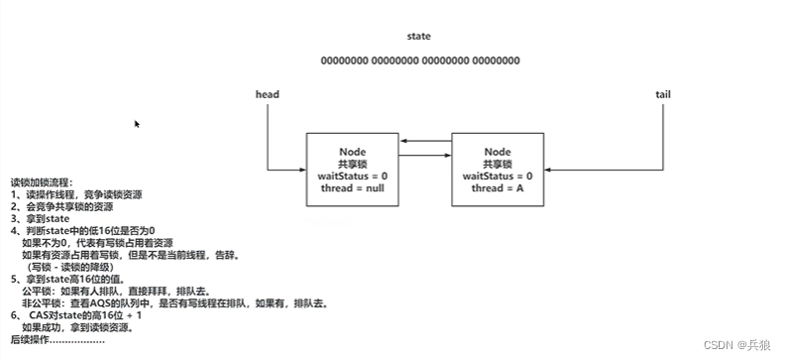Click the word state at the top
pos(419,37)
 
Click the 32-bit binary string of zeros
pos(419,61)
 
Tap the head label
pos(268,95)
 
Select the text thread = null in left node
pos(353,187)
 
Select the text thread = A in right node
pos(498,187)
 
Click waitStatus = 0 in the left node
pos(353,176)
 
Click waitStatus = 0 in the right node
pos(498,176)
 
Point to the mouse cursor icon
pos(137,124)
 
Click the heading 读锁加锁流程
pos(42,182)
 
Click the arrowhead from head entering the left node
pos(302,170)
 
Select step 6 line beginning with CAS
pos(79,316)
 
